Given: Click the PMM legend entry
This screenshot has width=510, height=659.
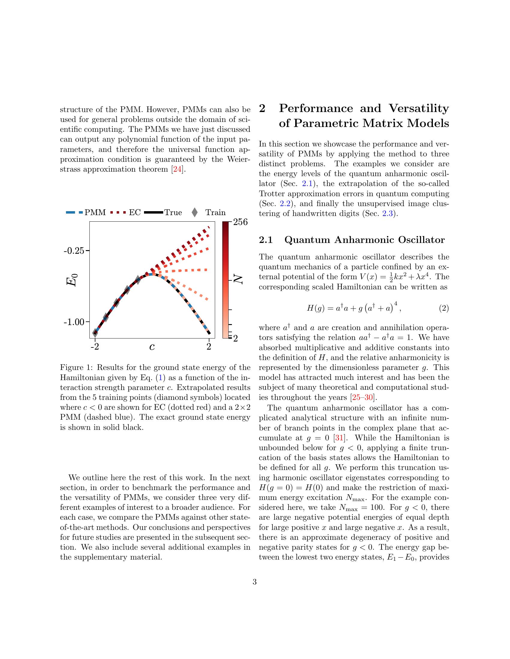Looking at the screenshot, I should pos(95,212).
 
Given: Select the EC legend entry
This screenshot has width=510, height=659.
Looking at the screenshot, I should pos(135,212).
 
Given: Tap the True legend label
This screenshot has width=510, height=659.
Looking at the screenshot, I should pos(173,212).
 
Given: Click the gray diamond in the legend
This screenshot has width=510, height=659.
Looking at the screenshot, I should pos(195,212).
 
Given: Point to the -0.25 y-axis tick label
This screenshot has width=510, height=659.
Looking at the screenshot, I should pos(74,251).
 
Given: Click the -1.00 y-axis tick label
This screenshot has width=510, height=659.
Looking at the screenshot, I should pos(74,322).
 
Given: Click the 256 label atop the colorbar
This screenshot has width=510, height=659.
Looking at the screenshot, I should pos(241,222).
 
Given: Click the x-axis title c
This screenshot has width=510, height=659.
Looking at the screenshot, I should pos(152,347).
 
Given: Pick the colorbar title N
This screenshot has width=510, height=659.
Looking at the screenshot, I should pos(239,280).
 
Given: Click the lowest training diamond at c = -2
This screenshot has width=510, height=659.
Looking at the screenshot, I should pos(95,333).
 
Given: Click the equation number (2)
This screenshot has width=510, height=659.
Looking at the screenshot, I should pos(443,308).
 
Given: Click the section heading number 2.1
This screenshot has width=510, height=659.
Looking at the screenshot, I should pos(266,240).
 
